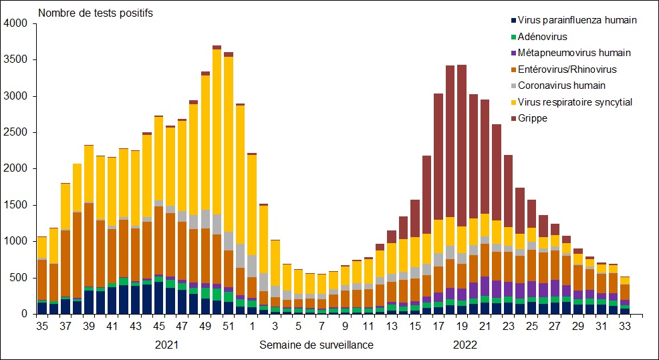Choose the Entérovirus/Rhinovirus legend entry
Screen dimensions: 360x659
point(572,69)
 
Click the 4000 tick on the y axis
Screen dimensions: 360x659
point(15,23)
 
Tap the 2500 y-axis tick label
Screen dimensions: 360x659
point(15,132)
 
